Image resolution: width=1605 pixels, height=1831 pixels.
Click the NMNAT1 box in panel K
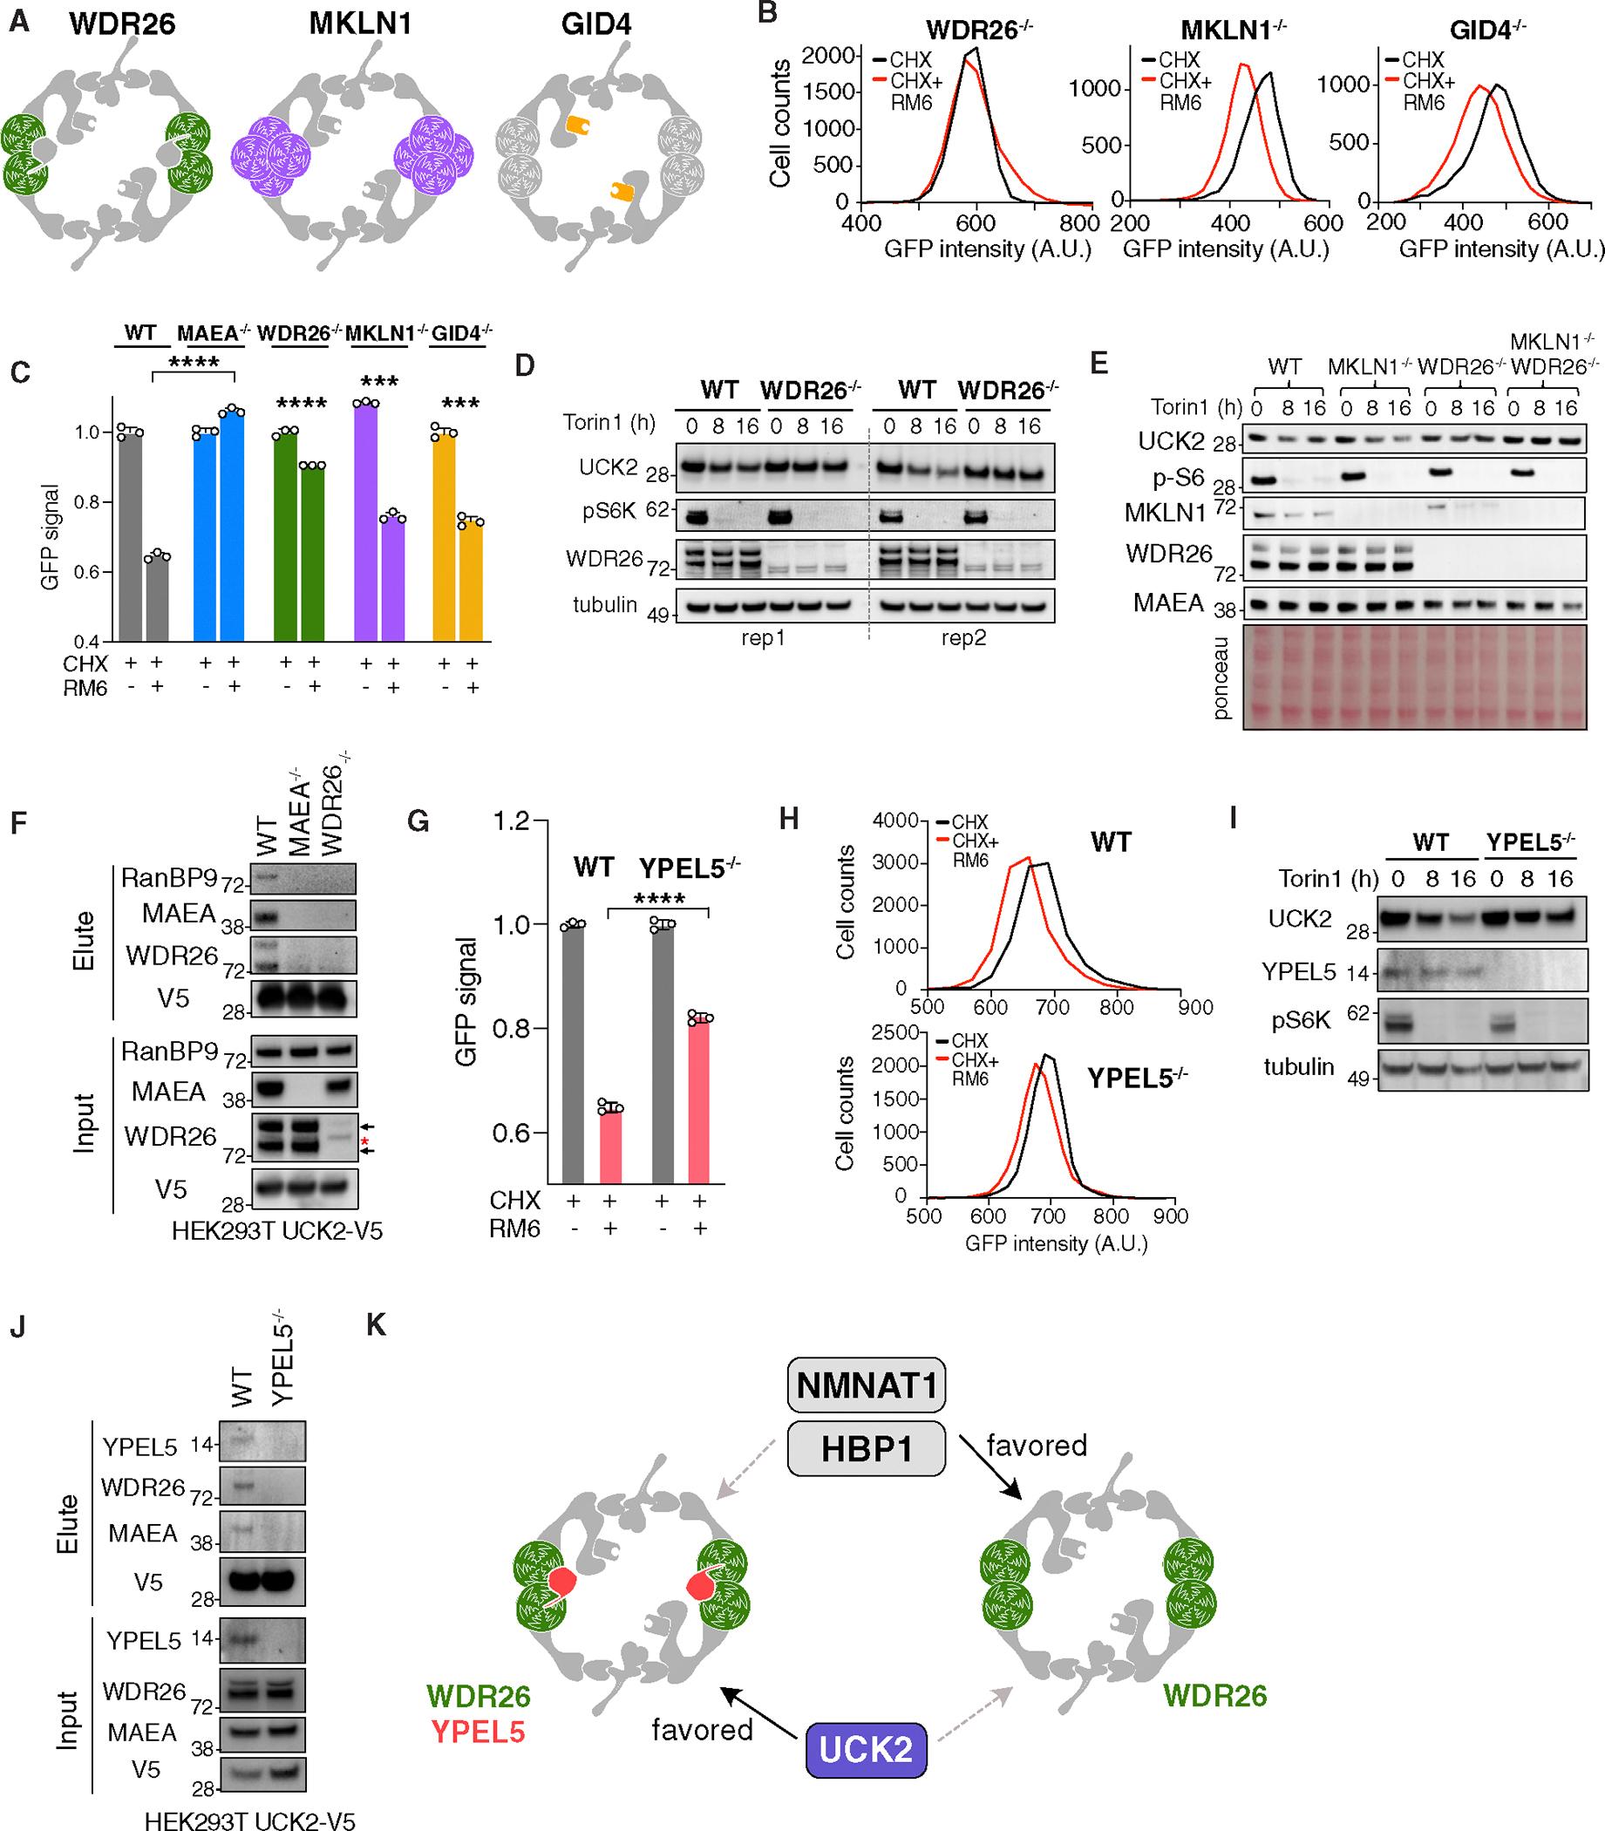(x=865, y=1385)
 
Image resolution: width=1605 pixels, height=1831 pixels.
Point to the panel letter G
(x=418, y=820)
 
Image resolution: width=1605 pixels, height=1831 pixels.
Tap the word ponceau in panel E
(x=1218, y=679)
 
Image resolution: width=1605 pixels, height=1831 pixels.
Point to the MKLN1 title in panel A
(x=361, y=24)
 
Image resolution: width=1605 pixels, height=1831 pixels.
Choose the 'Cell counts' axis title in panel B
(x=780, y=123)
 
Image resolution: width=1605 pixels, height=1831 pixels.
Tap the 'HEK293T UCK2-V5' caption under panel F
(x=276, y=1231)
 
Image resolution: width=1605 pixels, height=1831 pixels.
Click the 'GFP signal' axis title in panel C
(x=51, y=536)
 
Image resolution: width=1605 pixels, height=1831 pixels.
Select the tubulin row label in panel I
(x=1299, y=1067)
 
